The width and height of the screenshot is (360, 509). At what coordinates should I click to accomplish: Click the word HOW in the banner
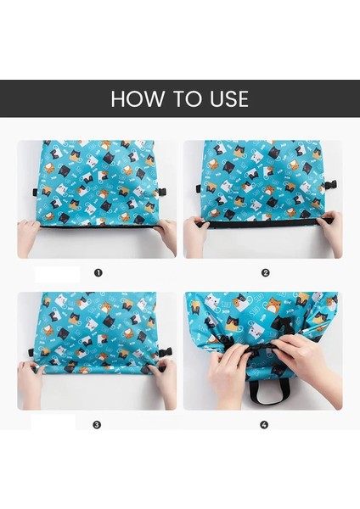tap(137, 98)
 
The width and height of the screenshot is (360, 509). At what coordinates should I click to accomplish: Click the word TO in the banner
tap(186, 98)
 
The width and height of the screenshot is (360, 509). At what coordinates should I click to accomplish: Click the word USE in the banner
tap(229, 98)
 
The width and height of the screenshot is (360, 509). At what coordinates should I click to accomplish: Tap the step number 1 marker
tap(98, 272)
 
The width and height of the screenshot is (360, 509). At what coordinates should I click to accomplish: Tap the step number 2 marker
tap(266, 272)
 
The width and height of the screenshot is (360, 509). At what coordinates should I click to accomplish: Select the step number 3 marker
tap(97, 425)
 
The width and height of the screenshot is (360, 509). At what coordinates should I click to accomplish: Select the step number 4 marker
tap(264, 425)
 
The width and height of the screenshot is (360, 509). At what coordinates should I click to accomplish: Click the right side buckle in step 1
tap(162, 193)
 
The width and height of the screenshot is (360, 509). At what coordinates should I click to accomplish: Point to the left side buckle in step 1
tap(35, 193)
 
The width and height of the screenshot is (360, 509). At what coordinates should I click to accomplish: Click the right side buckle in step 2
tap(332, 186)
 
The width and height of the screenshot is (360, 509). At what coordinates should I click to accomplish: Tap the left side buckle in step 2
tap(198, 188)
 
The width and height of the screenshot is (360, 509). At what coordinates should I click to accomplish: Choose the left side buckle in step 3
tap(31, 353)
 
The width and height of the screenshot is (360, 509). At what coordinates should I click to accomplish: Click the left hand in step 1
tap(29, 237)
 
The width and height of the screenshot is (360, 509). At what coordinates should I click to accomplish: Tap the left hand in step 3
tap(30, 383)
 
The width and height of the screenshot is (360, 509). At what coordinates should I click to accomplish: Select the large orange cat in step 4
tap(275, 305)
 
